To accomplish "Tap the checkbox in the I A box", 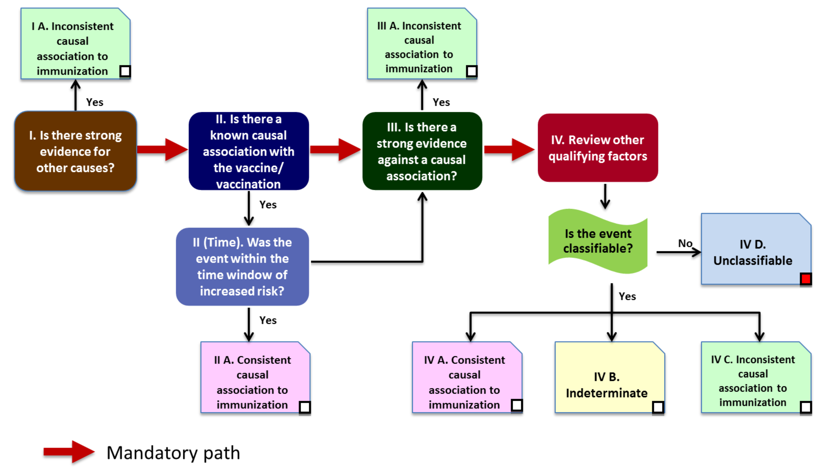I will [125, 71].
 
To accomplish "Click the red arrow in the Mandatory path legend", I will [69, 452].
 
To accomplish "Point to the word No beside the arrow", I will [685, 243].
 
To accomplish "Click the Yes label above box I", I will [95, 102].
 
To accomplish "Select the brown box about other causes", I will [75, 151].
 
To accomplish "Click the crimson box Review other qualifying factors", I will [597, 148].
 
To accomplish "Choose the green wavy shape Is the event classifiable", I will [597, 241].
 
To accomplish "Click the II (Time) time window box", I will [242, 267].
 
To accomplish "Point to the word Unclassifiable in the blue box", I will [753, 261].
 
